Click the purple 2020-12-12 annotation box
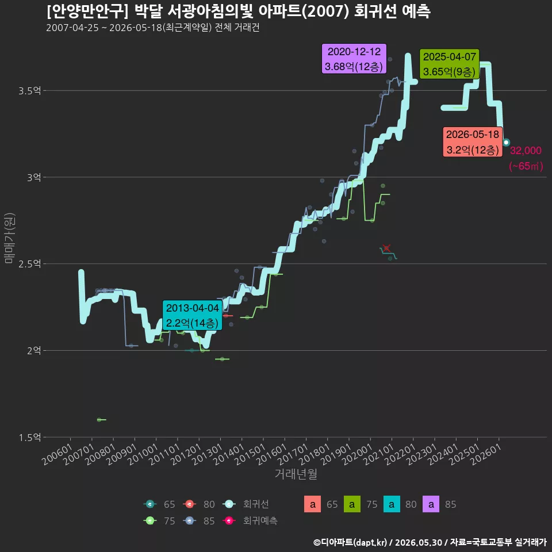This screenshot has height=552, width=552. [354, 59]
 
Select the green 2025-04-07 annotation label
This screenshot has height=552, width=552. [449, 64]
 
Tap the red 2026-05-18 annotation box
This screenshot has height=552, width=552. [473, 142]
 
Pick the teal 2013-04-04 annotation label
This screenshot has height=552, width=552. [192, 316]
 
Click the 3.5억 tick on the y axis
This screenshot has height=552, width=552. [29, 91]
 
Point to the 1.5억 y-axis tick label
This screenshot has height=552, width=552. [29, 438]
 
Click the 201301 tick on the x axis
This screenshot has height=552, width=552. [208, 454]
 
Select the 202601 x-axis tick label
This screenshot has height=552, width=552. [486, 454]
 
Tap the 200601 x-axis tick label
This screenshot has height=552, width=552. [57, 454]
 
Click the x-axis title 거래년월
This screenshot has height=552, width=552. [296, 474]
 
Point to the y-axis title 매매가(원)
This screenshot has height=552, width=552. [10, 238]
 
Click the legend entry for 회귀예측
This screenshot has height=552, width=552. [250, 521]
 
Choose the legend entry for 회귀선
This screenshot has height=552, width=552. [246, 504]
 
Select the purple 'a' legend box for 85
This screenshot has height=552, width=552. [431, 504]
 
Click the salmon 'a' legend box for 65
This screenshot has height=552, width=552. [312, 504]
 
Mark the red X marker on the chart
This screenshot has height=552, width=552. [386, 248]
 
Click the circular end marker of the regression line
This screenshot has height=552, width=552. [506, 143]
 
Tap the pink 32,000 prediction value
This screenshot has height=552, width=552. [526, 151]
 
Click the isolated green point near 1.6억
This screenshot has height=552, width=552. [99, 420]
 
